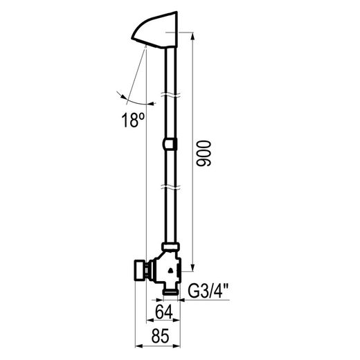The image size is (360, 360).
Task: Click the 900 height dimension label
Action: pyautogui.click(x=204, y=154)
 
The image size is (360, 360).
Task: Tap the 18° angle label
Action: pyautogui.click(x=133, y=120)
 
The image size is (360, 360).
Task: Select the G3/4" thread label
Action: pyautogui.click(x=208, y=291)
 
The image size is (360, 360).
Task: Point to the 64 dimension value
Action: pyautogui.click(x=164, y=312)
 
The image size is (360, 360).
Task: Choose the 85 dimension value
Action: pyautogui.click(x=161, y=336)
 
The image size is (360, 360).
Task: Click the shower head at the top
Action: pyautogui.click(x=154, y=30)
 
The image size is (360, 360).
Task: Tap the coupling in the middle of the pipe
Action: pyautogui.click(x=170, y=144)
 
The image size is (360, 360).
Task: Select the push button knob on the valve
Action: pyautogui.click(x=140, y=270)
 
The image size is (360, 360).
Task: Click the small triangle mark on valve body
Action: pyautogui.click(x=170, y=270)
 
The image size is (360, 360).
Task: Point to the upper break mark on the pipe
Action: pyautogui.click(x=170, y=95)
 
